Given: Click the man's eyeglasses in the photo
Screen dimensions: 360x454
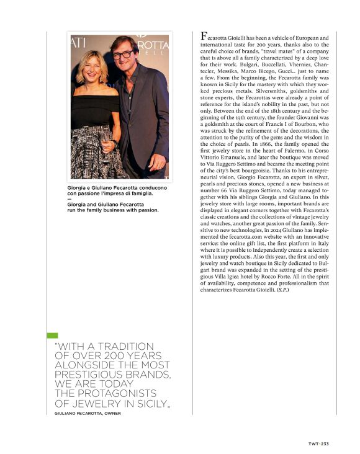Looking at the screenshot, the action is (122, 55).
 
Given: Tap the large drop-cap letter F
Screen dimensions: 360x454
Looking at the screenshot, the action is (204, 37).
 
